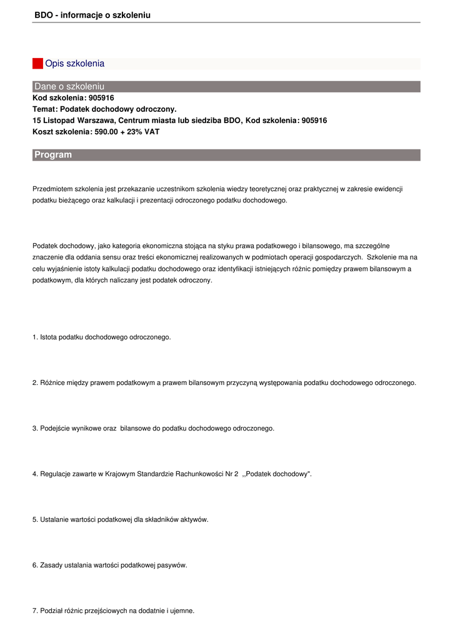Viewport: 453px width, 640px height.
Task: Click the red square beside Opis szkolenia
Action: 37,64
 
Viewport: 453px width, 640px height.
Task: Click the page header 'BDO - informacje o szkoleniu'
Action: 92,15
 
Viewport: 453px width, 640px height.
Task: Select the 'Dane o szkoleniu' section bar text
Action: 69,86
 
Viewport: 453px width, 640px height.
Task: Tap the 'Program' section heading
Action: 53,155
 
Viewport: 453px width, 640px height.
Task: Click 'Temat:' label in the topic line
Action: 45,109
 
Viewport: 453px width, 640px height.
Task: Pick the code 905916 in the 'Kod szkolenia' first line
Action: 101,98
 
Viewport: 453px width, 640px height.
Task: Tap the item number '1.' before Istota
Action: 35,337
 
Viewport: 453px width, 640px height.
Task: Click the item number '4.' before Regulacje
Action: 35,474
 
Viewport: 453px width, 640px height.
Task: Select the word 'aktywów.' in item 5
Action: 194,520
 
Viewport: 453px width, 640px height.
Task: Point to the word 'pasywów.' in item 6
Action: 173,566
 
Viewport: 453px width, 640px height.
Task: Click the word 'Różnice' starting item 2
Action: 52,382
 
